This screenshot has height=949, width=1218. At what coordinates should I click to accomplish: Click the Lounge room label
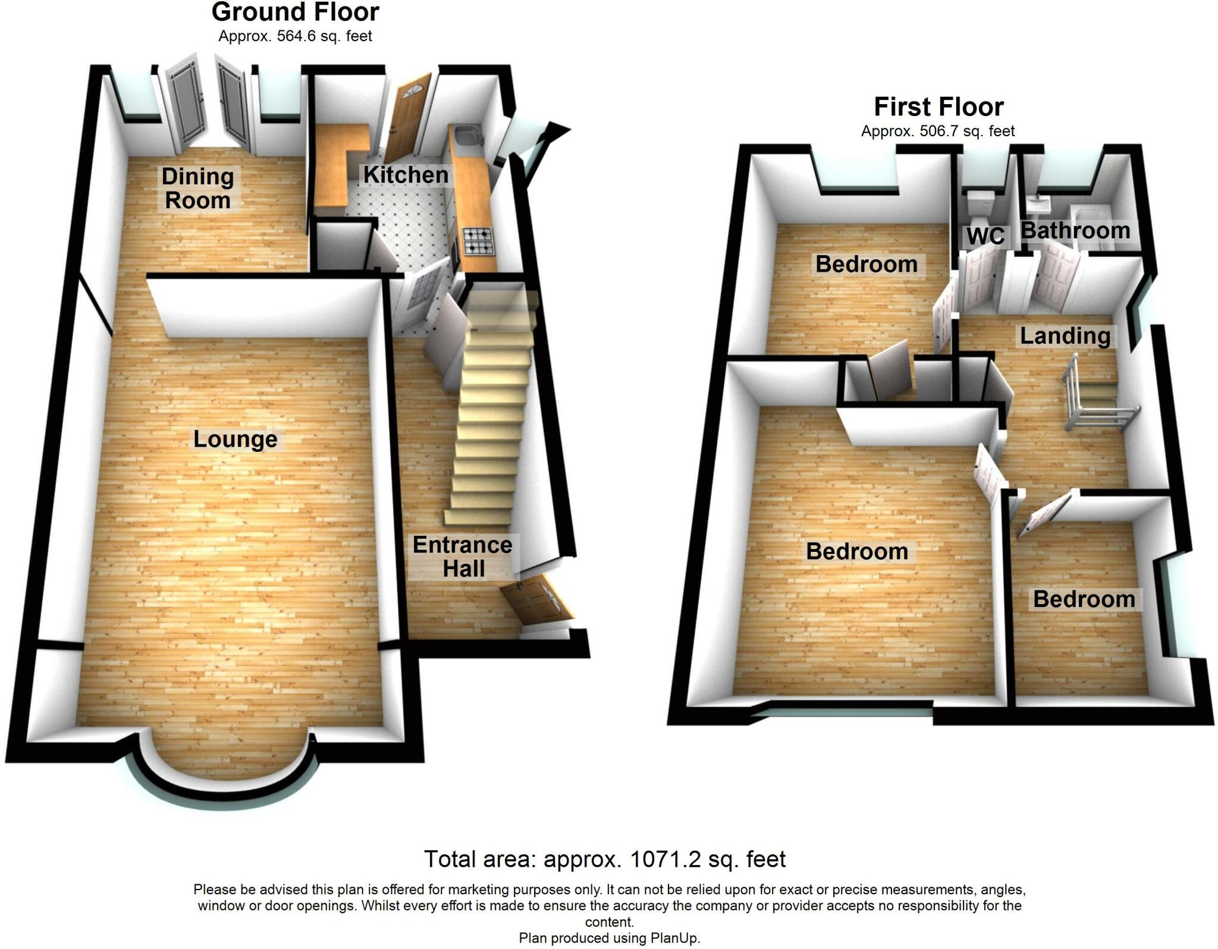[236, 439]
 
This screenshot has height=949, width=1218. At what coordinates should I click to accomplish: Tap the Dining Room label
[197, 188]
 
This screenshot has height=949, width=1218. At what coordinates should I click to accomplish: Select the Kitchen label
[406, 175]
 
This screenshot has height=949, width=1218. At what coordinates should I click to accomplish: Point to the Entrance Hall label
[463, 557]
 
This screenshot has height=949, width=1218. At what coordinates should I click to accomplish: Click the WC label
[985, 236]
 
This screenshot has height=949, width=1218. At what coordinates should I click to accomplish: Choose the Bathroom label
[1075, 231]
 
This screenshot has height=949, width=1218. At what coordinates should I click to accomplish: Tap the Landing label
[1065, 336]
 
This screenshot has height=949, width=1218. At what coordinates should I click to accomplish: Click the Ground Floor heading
[295, 12]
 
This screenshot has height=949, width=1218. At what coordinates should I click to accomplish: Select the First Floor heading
[938, 107]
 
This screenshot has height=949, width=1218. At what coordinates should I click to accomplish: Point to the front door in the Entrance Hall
[536, 601]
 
